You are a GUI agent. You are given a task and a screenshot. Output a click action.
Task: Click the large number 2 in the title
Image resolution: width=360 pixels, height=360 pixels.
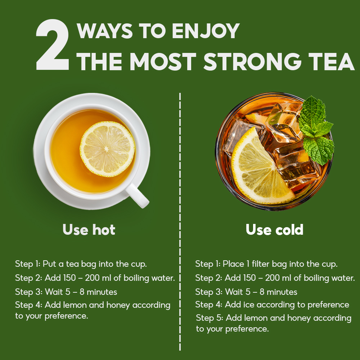click(x=53, y=45)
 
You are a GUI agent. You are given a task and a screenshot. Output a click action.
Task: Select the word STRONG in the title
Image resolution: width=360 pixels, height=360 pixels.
click(x=252, y=62)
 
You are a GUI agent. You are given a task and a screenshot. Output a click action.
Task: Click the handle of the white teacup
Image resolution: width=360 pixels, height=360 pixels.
click(x=137, y=195)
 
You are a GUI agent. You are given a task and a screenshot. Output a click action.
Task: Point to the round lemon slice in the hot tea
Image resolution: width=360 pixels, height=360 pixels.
click(x=107, y=149)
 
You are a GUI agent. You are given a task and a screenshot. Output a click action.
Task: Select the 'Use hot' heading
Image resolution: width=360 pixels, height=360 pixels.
click(x=89, y=229)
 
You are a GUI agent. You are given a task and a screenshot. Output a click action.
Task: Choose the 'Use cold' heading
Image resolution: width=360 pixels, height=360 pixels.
click(x=274, y=229)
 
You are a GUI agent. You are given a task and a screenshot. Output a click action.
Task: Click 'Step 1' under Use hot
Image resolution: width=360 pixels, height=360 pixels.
click(x=28, y=264)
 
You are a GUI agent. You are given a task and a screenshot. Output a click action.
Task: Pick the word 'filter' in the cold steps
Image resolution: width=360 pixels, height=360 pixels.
click(x=260, y=264)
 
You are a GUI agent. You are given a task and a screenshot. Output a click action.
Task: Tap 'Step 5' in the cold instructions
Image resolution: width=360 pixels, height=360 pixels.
click(x=210, y=318)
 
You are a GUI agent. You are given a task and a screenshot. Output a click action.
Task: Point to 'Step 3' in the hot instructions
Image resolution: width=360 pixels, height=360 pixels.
click(x=29, y=292)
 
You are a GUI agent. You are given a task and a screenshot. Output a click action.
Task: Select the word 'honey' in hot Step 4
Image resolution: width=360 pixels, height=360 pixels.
click(x=118, y=305)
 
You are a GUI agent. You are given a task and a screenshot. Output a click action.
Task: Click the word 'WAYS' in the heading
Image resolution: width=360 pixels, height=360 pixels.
click(x=105, y=31)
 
